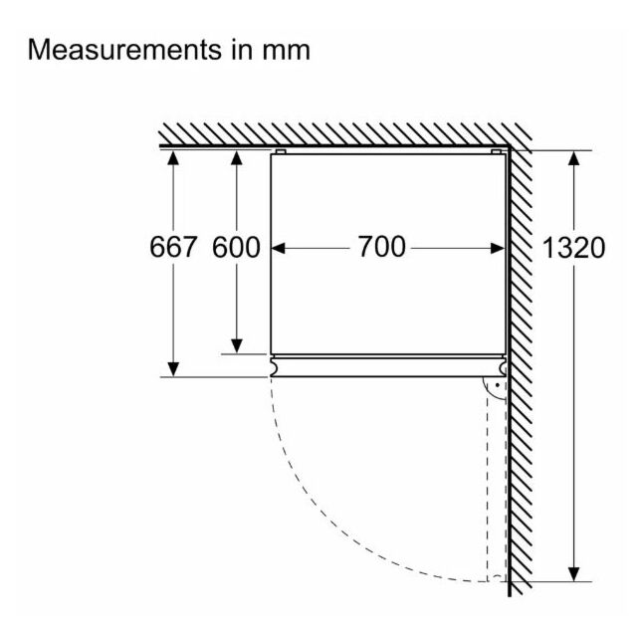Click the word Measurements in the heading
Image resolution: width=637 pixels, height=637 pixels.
(x=124, y=50)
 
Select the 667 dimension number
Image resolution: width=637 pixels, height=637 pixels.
(x=173, y=247)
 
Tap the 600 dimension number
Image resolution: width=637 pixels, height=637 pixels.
(x=236, y=247)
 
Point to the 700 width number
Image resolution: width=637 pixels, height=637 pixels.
(x=381, y=246)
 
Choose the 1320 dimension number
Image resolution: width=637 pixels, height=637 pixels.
(x=573, y=248)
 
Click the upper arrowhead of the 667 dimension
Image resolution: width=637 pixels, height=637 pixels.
(x=173, y=157)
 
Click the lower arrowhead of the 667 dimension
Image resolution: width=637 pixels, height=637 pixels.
(x=173, y=369)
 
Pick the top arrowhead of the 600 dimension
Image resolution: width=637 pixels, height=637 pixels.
(x=237, y=157)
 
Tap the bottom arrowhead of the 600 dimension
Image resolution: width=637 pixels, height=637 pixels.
(x=237, y=346)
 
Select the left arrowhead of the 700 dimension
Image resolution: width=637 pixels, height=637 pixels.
(x=279, y=248)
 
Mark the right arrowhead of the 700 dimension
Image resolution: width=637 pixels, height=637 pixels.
(x=498, y=248)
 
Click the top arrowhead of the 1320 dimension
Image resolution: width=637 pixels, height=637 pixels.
(x=573, y=158)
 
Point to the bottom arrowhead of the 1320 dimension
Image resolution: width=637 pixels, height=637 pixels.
(x=573, y=574)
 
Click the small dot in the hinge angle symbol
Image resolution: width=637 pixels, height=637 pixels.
(x=498, y=385)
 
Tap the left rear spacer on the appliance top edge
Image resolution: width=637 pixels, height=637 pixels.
(x=281, y=152)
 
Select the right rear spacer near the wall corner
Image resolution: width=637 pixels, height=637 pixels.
(x=496, y=152)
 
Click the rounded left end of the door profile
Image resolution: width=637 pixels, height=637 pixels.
(x=275, y=367)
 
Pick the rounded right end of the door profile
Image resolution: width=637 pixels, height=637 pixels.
(x=503, y=367)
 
